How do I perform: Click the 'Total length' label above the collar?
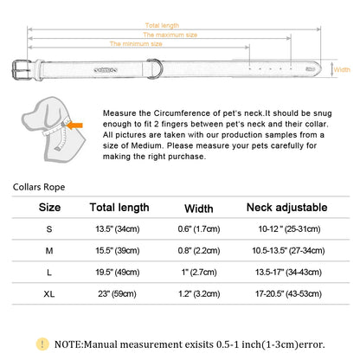point(162,25)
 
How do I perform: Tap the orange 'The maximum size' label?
point(170,35)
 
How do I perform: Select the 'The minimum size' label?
point(136,44)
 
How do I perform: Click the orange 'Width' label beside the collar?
point(342,69)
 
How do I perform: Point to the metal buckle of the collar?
point(21,69)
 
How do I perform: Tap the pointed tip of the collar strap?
point(321,69)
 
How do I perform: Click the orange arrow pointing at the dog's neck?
point(75,125)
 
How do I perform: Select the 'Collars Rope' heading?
point(39,187)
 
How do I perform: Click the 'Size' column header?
point(49,208)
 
